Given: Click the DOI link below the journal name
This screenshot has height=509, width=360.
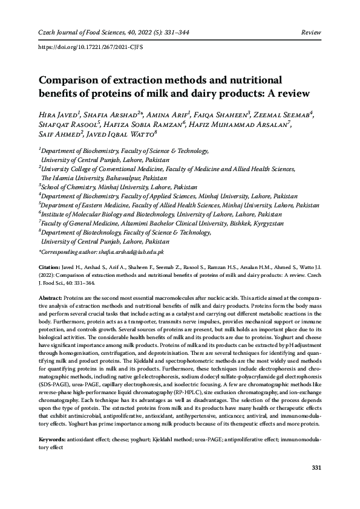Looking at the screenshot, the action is (x=91, y=46).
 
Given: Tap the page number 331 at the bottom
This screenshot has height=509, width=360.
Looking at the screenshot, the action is (x=315, y=468).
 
